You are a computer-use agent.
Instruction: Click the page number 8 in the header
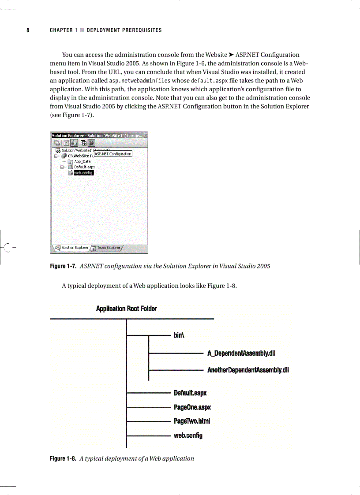28,30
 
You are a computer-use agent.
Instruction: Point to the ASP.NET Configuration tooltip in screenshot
113,154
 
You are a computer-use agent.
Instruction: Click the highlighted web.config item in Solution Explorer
83,173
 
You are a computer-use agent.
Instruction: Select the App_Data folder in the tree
82,162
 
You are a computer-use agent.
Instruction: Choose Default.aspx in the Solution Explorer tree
84,167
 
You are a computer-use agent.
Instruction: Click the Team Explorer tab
109,248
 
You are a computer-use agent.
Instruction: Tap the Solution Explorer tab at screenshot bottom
75,248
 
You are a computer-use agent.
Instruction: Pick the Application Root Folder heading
126,309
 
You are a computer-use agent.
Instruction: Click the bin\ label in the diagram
179,335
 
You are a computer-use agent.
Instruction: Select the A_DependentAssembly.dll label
241,353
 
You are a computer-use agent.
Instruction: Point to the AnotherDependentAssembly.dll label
248,370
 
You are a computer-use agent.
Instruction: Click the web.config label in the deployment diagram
188,435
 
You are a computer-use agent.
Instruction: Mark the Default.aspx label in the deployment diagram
190,393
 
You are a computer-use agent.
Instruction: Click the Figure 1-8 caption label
64,458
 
